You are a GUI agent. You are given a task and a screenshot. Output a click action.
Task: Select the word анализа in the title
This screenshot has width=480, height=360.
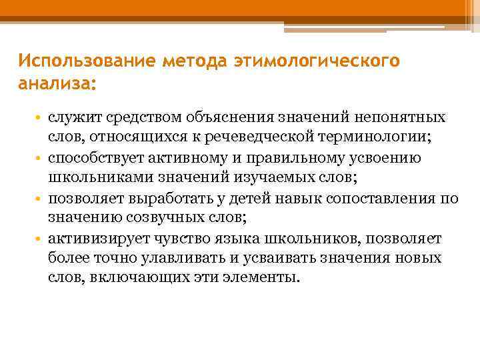click(56, 84)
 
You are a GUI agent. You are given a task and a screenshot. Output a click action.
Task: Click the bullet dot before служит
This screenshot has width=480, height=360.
click(41, 119)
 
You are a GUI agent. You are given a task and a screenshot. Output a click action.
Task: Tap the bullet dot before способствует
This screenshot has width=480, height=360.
click(41, 159)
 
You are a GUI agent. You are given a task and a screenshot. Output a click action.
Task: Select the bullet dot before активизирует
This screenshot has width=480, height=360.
click(41, 239)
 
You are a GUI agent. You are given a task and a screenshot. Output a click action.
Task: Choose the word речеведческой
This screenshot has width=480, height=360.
click(269, 138)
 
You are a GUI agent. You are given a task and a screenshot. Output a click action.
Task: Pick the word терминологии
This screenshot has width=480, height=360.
click(375, 138)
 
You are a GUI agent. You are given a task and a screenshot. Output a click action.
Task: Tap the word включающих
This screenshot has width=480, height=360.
click(136, 278)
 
